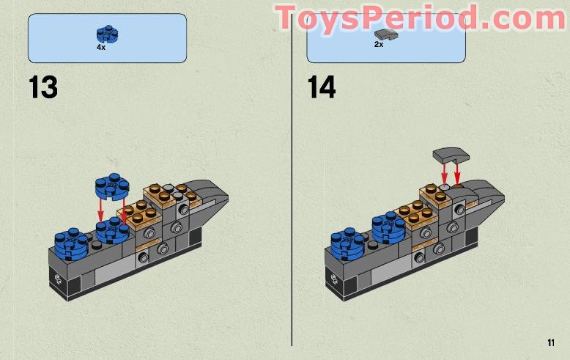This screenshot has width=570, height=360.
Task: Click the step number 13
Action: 42,87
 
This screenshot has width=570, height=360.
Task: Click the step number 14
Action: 321,87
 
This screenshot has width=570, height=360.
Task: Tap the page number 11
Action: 550,342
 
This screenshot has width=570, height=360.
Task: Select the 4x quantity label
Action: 101,47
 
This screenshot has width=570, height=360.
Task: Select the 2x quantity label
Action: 379,45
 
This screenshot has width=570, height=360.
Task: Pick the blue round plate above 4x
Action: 107,34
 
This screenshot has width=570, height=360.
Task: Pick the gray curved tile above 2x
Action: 382,34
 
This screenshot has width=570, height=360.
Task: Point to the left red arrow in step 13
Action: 100,208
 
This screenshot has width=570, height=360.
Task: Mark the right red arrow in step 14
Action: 458,175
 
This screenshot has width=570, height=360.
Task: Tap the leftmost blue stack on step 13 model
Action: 70,241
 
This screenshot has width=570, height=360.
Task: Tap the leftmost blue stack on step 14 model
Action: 347,241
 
